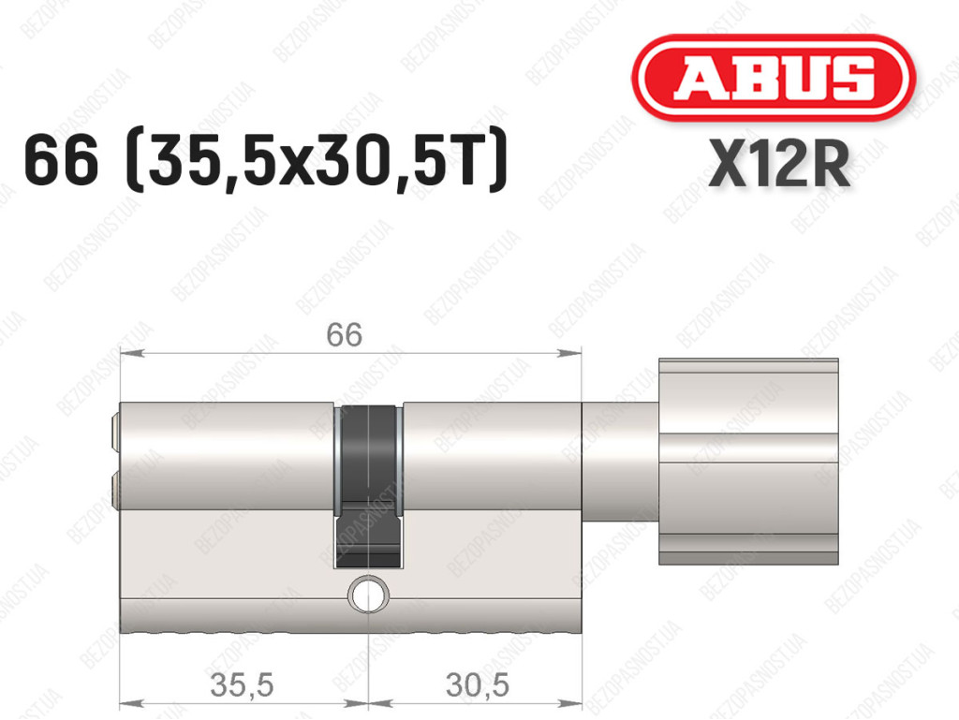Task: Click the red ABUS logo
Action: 774,78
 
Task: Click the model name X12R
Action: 779,163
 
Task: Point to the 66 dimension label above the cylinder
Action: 344,334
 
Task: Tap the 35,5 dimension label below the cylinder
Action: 242,684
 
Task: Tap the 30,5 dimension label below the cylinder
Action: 477,684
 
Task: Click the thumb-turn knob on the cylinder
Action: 748,462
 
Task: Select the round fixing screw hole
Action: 368,594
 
